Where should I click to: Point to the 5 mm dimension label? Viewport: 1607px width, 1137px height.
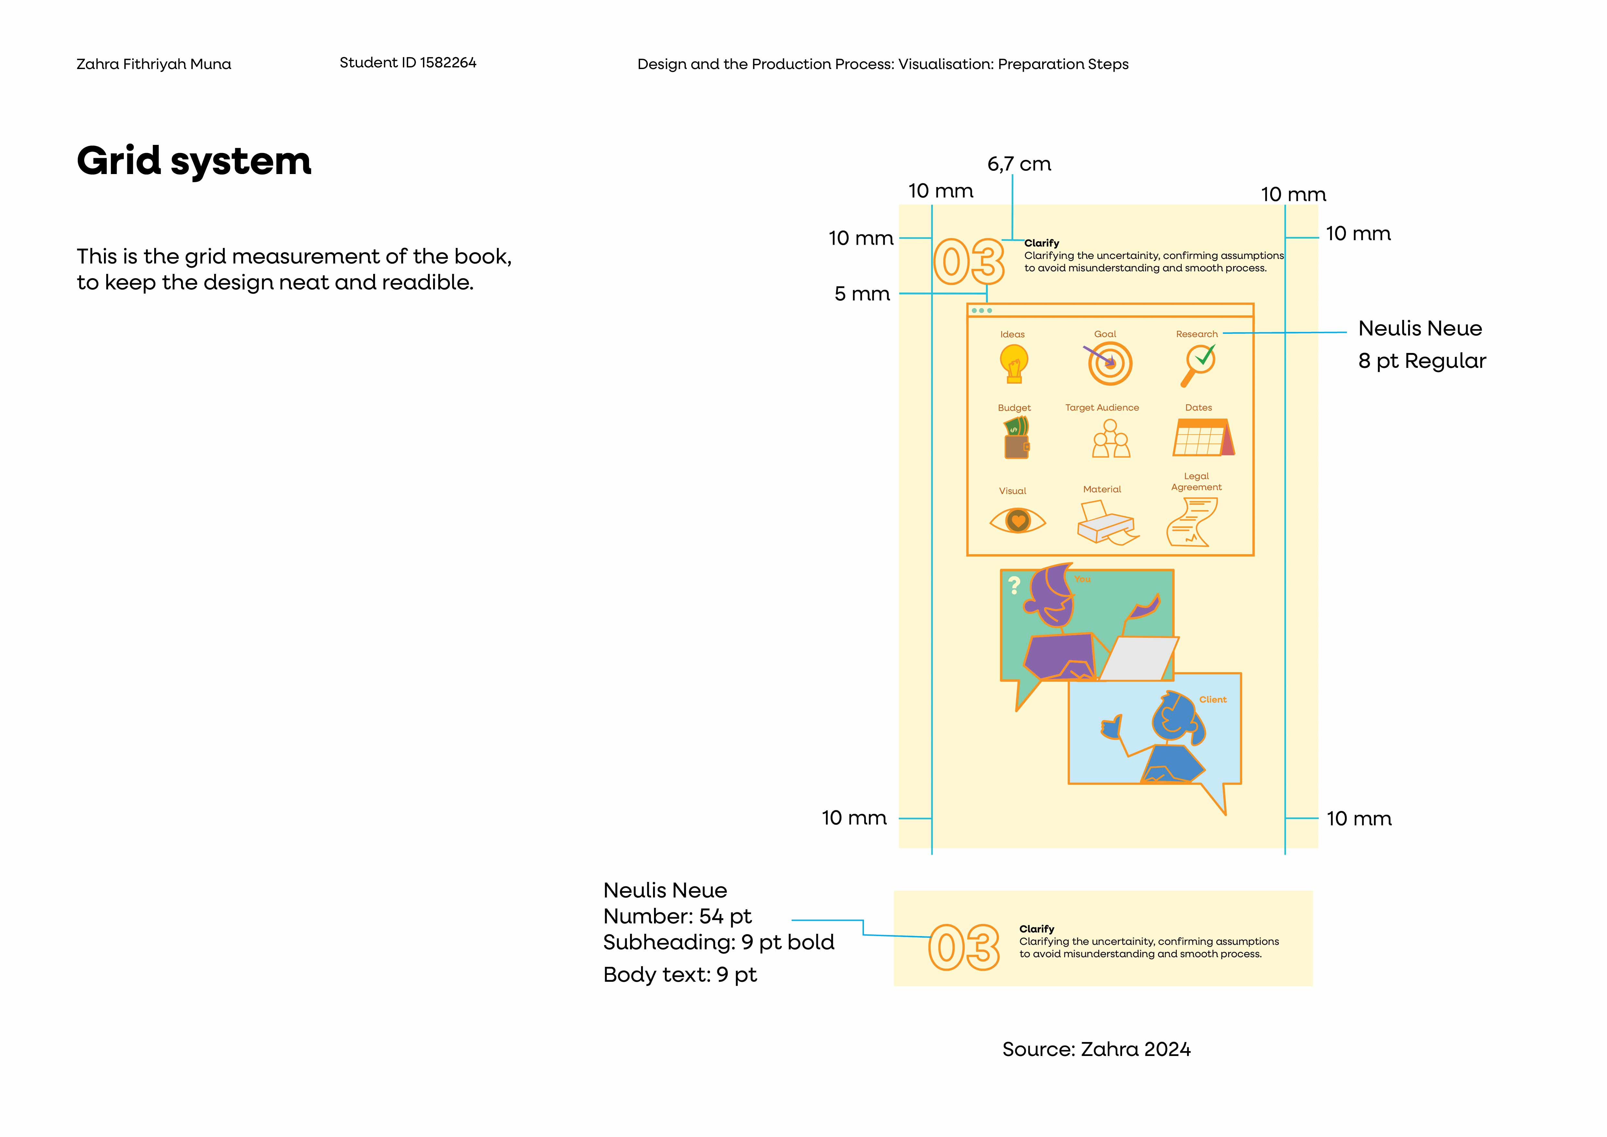coord(862,294)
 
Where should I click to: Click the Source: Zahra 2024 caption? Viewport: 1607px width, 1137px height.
coord(1096,1049)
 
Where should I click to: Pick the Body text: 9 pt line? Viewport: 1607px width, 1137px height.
coord(680,975)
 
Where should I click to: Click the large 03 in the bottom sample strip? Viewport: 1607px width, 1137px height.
coord(964,947)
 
